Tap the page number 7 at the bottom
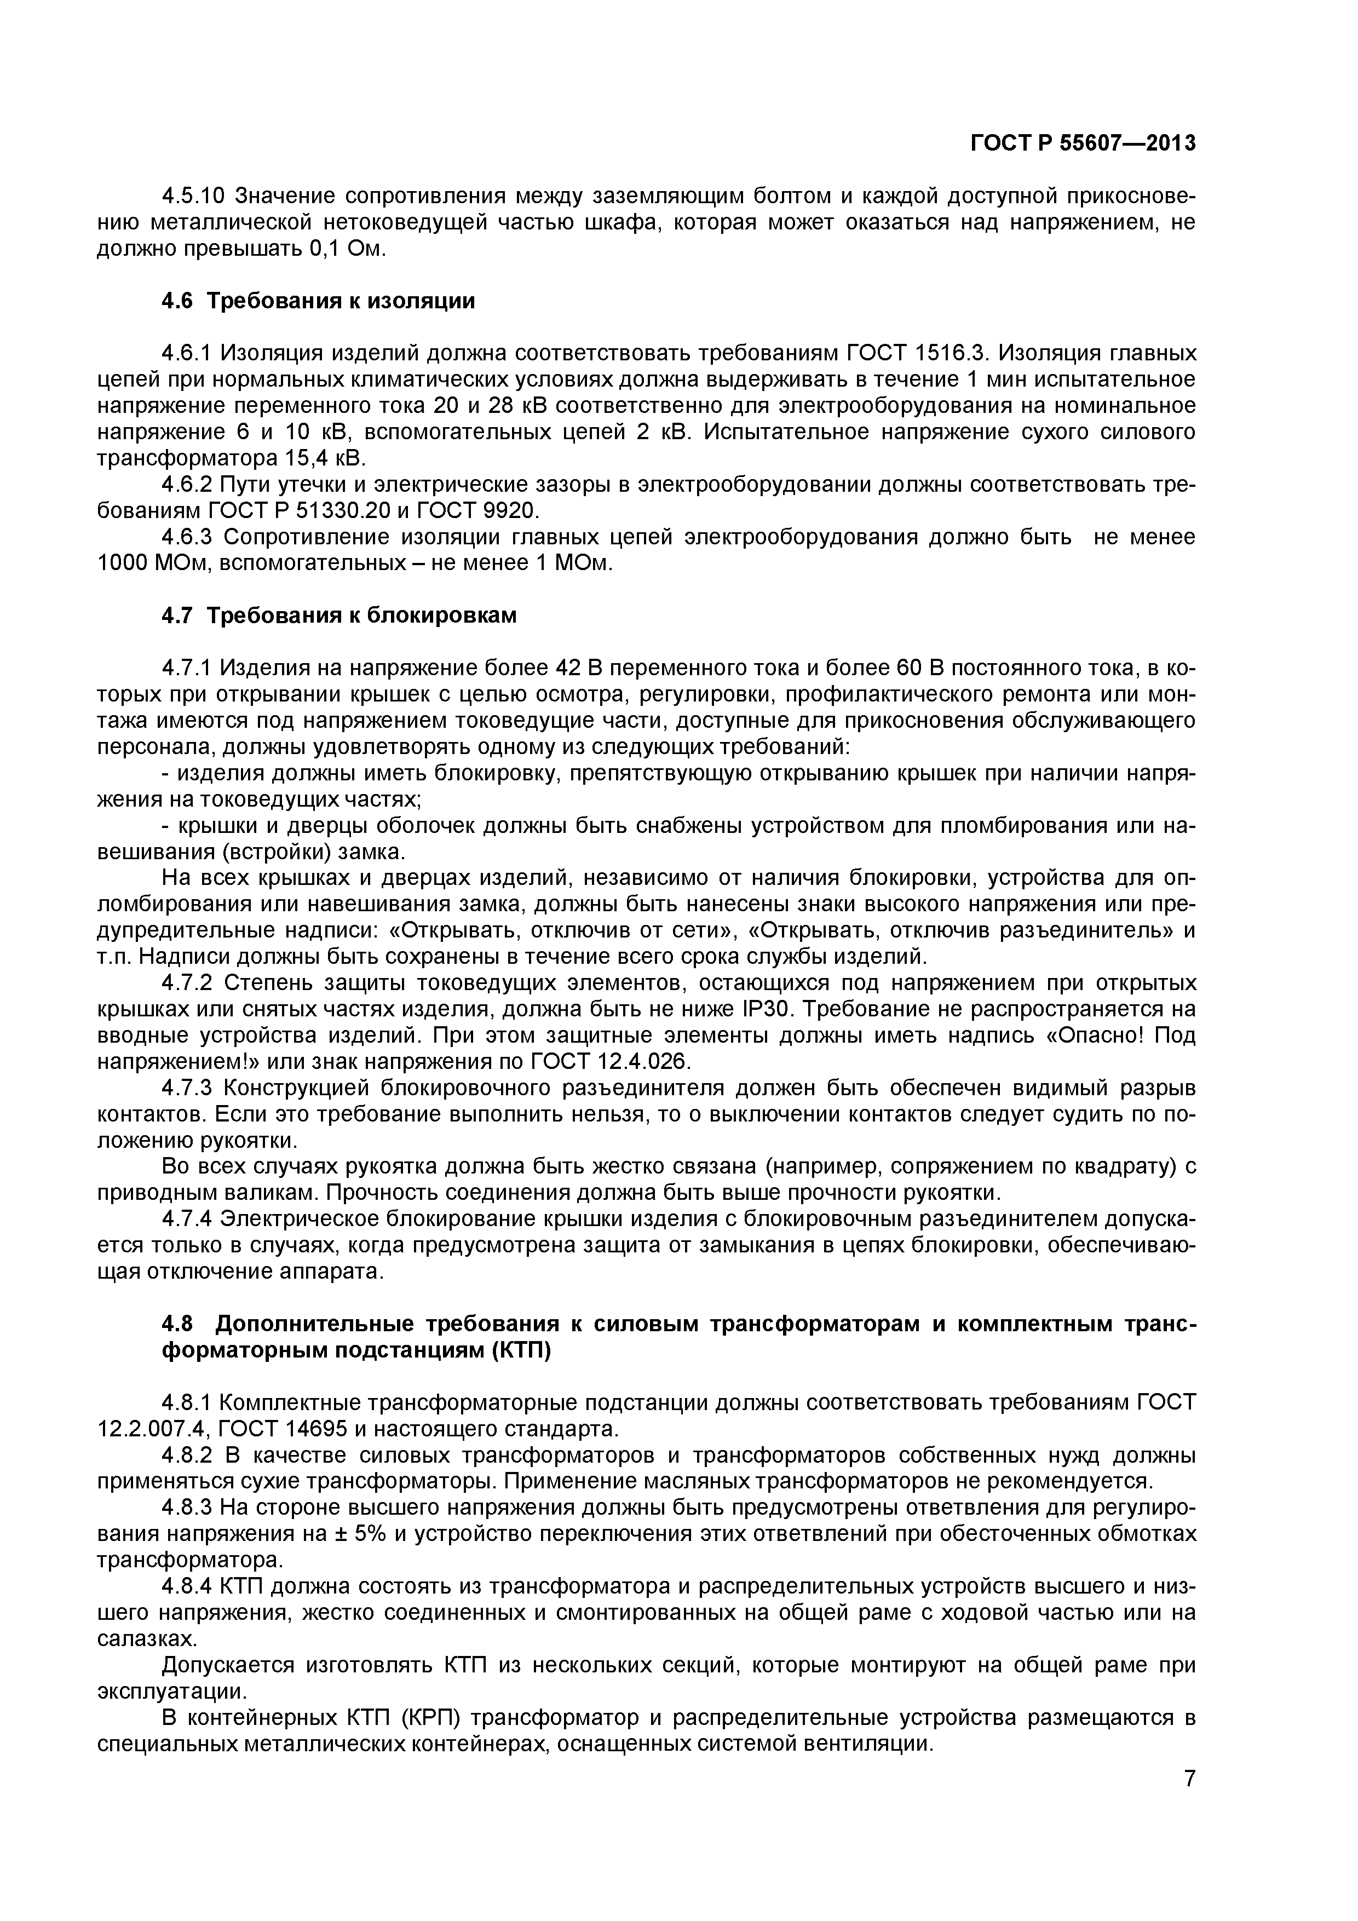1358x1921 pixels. point(1189,1797)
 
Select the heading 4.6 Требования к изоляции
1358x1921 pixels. point(318,301)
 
